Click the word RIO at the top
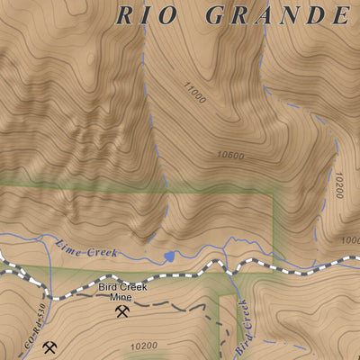pos(148,15)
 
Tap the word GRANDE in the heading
pos(277,15)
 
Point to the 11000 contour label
pos(194,93)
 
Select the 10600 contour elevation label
pos(230,155)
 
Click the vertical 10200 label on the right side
pos(338,186)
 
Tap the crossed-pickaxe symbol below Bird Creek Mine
pos(122,312)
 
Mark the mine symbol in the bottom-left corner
pos(49,346)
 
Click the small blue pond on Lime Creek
pos(168,256)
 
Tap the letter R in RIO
pos(126,15)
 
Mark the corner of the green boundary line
pos(272,191)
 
